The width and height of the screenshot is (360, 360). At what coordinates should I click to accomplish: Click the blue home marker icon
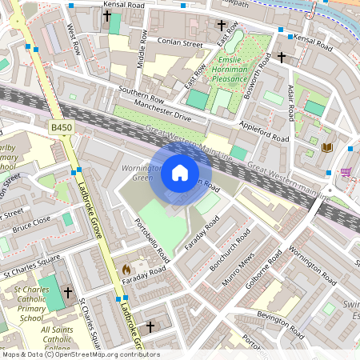coord(180,173)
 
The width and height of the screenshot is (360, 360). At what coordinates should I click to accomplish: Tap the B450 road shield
coord(61,127)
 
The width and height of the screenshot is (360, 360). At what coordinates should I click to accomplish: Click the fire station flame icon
coord(126,270)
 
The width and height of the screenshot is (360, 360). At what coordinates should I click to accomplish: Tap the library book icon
coord(326,147)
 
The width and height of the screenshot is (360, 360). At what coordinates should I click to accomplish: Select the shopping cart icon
coord(346,171)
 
